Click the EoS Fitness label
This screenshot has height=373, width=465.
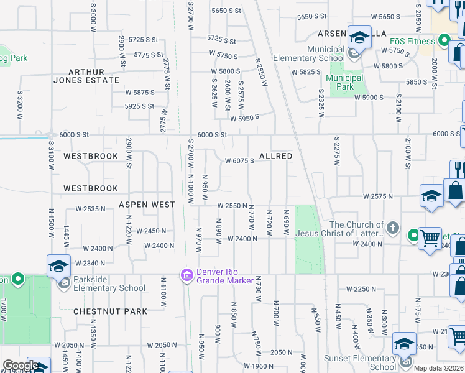click(413, 41)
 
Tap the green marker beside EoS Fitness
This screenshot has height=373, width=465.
click(444, 42)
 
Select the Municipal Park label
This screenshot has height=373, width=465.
click(345, 82)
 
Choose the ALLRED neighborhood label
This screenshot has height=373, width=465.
click(275, 156)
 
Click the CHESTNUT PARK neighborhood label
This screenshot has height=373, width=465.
click(110, 311)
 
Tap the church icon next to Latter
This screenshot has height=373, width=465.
click(392, 228)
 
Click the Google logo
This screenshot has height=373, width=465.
click(20, 366)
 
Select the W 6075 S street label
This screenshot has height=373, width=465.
click(239, 161)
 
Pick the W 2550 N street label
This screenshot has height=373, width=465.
click(233, 205)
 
